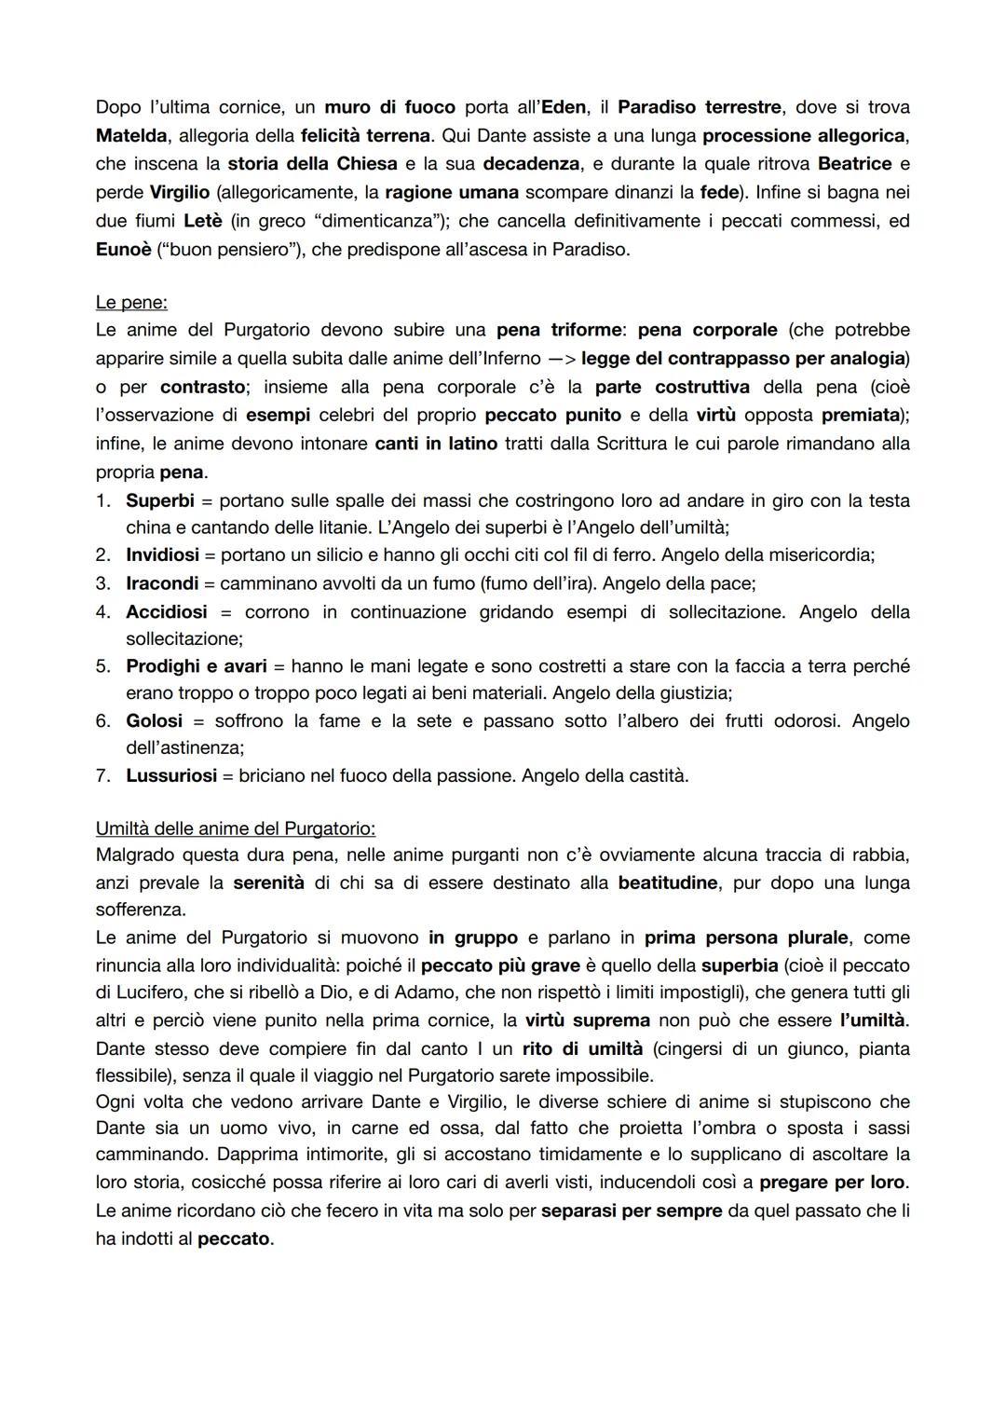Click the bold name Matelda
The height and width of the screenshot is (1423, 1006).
pyautogui.click(x=131, y=136)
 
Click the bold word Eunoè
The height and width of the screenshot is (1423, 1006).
pyautogui.click(x=123, y=250)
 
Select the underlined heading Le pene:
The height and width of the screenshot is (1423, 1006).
pyautogui.click(x=131, y=303)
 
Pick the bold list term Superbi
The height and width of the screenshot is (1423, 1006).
pyautogui.click(x=160, y=501)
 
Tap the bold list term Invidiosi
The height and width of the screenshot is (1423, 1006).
pyautogui.click(x=162, y=555)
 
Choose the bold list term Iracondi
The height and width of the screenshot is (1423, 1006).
pyautogui.click(x=162, y=583)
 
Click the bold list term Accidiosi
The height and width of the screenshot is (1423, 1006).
pyautogui.click(x=166, y=612)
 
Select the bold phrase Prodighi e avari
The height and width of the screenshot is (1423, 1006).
pyautogui.click(x=196, y=666)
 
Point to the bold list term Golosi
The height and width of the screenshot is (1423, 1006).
pyautogui.click(x=154, y=721)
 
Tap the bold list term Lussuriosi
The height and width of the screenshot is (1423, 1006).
pyautogui.click(x=171, y=776)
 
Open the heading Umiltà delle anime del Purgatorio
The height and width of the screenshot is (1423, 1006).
pyautogui.click(x=235, y=828)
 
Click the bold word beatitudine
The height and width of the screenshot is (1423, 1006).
pyautogui.click(x=668, y=883)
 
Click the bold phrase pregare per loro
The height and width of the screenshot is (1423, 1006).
pyautogui.click(x=832, y=1183)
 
